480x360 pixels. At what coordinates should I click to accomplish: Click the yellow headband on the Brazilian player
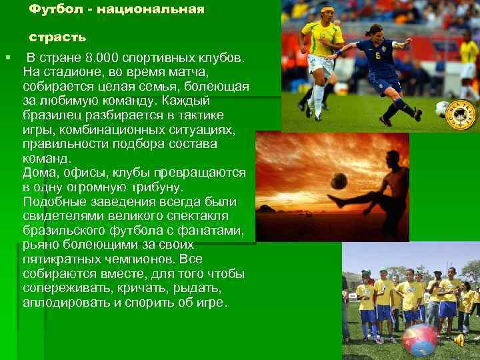[327, 10]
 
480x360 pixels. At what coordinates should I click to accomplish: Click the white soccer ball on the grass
[442, 109]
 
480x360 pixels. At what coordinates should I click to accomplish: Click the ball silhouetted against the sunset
[339, 181]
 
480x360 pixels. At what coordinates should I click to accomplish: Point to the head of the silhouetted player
[392, 160]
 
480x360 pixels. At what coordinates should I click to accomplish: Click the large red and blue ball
[419, 339]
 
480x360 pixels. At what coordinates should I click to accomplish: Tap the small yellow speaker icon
[459, 341]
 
